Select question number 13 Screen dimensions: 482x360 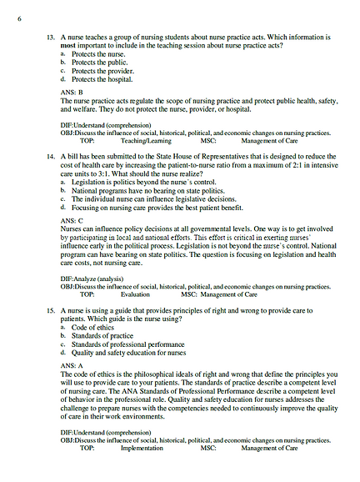pos(50,38)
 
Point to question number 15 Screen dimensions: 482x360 pos(50,309)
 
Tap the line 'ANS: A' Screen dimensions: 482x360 pos(71,364)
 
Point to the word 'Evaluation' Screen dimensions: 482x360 pos(136,294)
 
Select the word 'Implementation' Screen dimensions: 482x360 pos(142,448)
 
